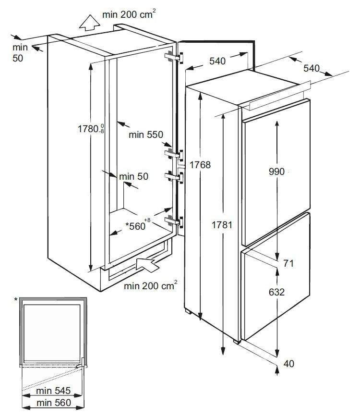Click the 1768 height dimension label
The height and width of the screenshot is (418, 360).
click(x=200, y=165)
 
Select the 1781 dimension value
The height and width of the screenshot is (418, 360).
click(x=222, y=224)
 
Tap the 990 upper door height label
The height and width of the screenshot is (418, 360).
click(x=277, y=171)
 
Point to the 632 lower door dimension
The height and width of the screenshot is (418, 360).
click(x=277, y=292)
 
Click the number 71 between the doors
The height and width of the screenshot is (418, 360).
click(x=288, y=263)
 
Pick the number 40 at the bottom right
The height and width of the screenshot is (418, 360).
click(x=288, y=364)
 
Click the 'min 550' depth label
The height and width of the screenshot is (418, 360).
click(x=146, y=135)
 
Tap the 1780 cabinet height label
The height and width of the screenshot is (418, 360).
click(x=91, y=128)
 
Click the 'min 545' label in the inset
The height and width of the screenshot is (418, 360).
click(x=55, y=392)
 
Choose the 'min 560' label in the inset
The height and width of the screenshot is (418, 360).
click(x=55, y=403)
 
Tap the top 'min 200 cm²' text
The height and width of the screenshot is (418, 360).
click(x=129, y=15)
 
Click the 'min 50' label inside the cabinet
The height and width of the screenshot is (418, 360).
click(x=133, y=176)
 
